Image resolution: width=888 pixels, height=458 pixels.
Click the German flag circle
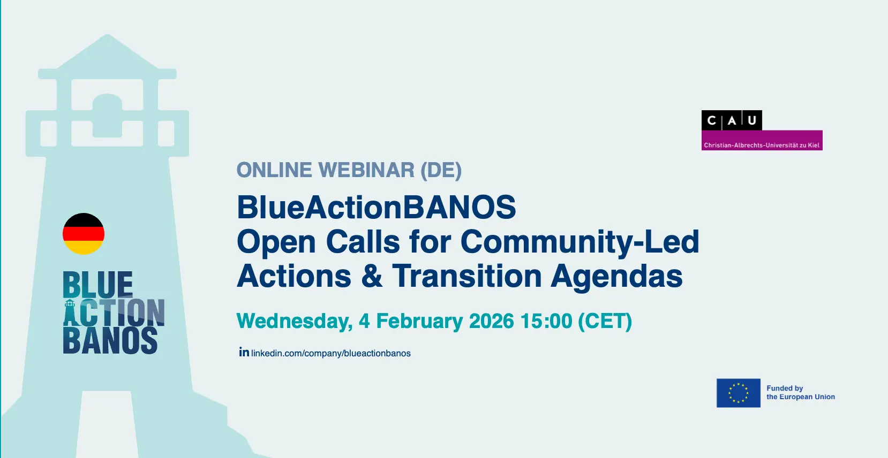[x=84, y=234]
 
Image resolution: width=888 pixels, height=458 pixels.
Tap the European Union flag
[x=738, y=393]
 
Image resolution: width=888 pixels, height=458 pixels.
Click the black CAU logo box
[x=732, y=120]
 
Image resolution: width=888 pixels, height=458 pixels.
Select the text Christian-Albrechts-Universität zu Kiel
[x=762, y=146]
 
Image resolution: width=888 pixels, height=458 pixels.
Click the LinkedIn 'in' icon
[x=244, y=352]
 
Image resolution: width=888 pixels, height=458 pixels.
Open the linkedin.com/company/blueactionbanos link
[x=331, y=354]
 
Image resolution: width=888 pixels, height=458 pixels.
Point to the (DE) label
[x=441, y=170]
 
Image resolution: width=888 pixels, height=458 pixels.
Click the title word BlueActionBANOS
[x=376, y=207]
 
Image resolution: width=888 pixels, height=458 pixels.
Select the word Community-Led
[x=580, y=242]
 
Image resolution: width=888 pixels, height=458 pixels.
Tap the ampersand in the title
[x=372, y=276]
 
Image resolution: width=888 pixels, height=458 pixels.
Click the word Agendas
[x=616, y=277]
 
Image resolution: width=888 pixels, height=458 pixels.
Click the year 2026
[x=491, y=321]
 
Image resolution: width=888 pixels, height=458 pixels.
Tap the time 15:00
[x=546, y=321]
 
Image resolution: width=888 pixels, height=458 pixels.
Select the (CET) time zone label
[x=605, y=322]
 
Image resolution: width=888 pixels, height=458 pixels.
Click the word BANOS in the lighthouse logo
[x=110, y=340]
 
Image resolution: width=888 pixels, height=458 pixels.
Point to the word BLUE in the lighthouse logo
[x=98, y=284]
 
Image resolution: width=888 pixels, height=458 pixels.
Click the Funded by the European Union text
[x=800, y=393]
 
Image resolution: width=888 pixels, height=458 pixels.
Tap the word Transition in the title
[x=466, y=276]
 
